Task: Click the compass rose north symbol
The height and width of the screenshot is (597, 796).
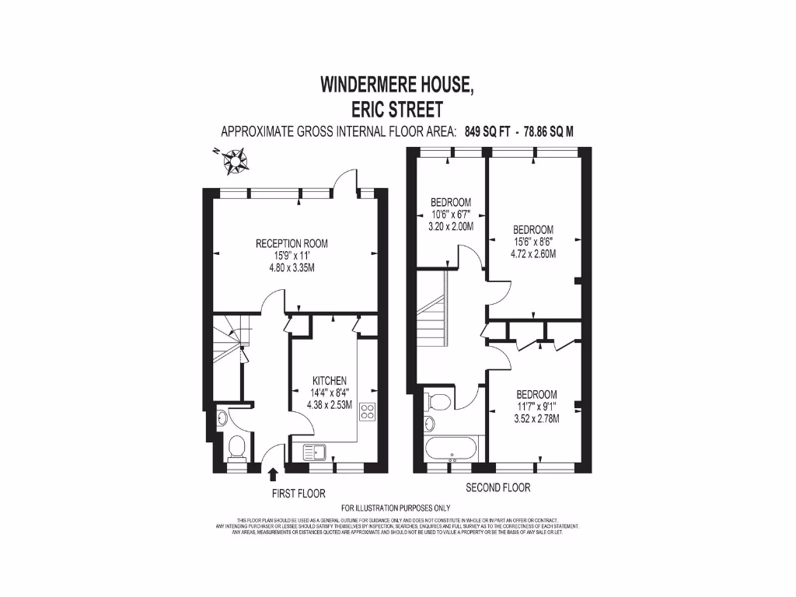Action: pyautogui.click(x=233, y=161)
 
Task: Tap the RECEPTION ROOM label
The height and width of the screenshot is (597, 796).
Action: pyautogui.click(x=292, y=243)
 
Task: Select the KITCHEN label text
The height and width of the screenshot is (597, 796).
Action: pyautogui.click(x=330, y=380)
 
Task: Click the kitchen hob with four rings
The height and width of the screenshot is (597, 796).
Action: pyautogui.click(x=367, y=412)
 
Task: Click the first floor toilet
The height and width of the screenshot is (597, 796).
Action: pyautogui.click(x=237, y=447)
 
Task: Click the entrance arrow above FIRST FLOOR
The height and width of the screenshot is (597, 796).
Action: pyautogui.click(x=272, y=474)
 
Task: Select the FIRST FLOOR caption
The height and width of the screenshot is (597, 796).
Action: pyautogui.click(x=298, y=493)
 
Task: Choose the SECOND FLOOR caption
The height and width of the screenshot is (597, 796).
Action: pyautogui.click(x=497, y=487)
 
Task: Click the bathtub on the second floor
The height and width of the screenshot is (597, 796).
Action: pyautogui.click(x=452, y=449)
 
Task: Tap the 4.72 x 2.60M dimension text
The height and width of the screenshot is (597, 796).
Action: pyautogui.click(x=533, y=253)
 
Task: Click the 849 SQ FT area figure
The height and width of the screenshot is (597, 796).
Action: pyautogui.click(x=485, y=131)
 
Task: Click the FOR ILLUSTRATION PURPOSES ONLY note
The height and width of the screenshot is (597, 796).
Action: pyautogui.click(x=396, y=508)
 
